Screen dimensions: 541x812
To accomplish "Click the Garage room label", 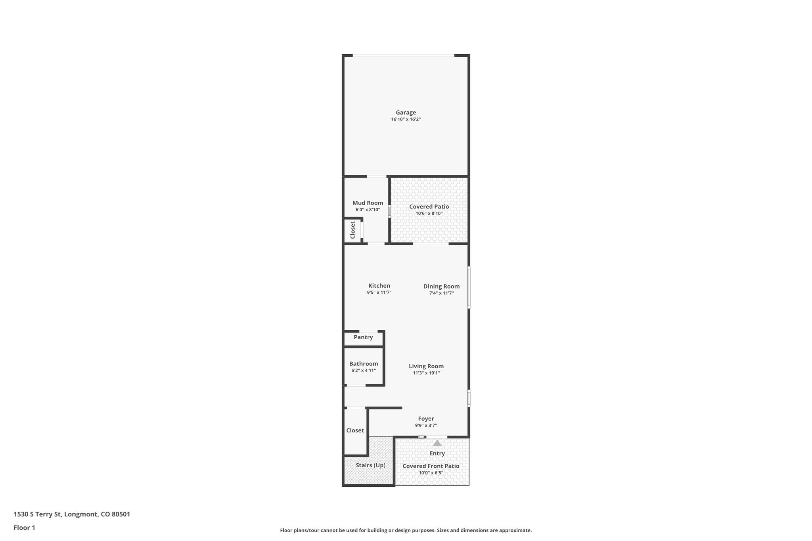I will coord(406,113).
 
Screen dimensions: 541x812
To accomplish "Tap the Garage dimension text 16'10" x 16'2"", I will coord(406,119).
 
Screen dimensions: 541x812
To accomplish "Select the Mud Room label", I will coord(368,203).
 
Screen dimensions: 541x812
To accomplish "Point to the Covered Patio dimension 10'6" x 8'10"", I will coord(429,213).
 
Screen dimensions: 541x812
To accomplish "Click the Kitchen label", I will coord(379,286).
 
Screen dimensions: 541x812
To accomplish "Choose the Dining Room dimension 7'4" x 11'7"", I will coord(441,293).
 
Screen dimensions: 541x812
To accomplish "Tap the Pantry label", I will coord(363,337).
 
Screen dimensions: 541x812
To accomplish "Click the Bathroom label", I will coord(364,364).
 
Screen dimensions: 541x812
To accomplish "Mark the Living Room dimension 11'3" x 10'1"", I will coord(426,373).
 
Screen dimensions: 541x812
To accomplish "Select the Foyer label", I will coord(426,419).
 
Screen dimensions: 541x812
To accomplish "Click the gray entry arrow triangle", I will coord(437,443).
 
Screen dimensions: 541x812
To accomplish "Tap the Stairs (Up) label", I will coord(370,465).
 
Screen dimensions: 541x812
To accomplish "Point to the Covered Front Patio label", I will coord(431,466).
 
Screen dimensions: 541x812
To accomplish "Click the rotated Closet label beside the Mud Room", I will coord(352,230).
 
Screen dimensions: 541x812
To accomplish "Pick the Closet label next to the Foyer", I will coord(355,430).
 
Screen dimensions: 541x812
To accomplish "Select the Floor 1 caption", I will coord(24,528).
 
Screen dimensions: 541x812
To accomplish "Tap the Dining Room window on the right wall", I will coord(469,287).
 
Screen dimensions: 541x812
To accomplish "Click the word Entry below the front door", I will coord(437,453).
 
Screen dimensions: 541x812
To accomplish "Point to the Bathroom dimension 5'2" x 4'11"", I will coord(364,371).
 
